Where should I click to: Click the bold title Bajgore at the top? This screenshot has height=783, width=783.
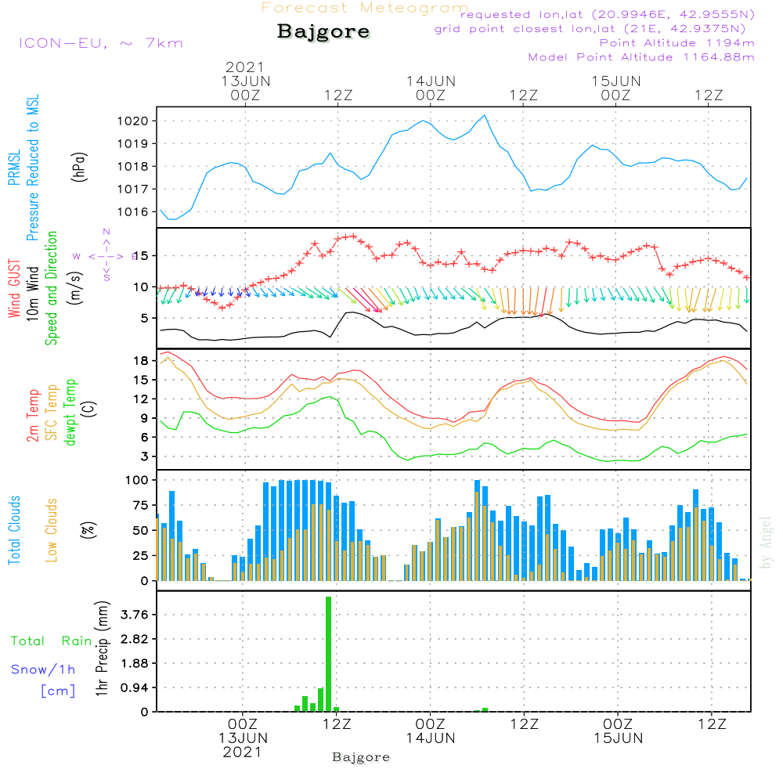click(323, 33)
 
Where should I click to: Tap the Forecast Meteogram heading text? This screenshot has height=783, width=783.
click(365, 8)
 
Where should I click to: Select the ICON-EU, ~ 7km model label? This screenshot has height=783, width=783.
click(100, 43)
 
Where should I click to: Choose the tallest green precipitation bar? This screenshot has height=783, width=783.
click(329, 654)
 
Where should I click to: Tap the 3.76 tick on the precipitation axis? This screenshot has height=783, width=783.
click(134, 615)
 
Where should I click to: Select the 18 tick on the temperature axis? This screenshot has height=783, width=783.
click(141, 360)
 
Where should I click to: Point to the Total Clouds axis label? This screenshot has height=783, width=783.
click(14, 530)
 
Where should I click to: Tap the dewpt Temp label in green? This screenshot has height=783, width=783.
click(70, 413)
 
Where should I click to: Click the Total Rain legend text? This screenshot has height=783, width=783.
click(52, 640)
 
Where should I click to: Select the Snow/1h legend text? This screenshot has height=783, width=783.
click(44, 669)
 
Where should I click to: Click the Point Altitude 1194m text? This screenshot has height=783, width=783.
click(677, 43)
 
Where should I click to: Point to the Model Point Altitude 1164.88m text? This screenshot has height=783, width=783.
click(641, 57)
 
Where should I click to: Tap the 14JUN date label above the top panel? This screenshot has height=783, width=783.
click(430, 81)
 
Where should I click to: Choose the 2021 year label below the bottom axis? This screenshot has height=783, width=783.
click(243, 752)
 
